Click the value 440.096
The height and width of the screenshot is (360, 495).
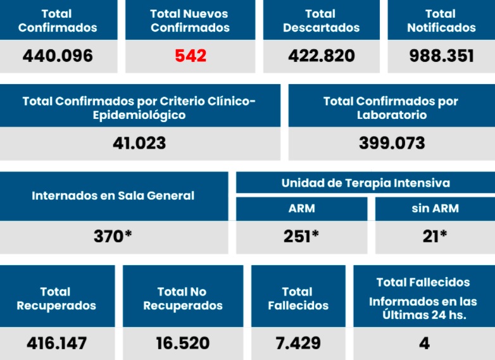pyautogui.click(x=58, y=56)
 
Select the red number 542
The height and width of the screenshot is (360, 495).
pyautogui.click(x=191, y=56)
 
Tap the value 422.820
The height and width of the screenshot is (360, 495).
pyautogui.click(x=322, y=56)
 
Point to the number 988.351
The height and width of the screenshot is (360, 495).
pyautogui.click(x=441, y=56)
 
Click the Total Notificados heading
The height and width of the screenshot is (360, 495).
pyautogui.click(x=441, y=20)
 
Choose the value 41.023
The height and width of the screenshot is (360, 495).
pyautogui.click(x=139, y=142)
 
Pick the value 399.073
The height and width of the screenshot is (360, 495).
pyautogui.click(x=392, y=142)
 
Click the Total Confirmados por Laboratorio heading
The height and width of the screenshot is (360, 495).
pyautogui.click(x=391, y=108)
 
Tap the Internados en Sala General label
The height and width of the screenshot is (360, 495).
pyautogui.click(x=113, y=196)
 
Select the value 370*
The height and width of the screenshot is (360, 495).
pyautogui.click(x=113, y=236)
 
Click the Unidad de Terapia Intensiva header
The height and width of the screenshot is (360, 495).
pyautogui.click(x=365, y=183)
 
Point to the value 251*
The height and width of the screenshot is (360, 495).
pyautogui.click(x=301, y=236)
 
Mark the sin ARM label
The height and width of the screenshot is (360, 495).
pyautogui.click(x=435, y=208)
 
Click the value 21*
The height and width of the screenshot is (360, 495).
pyautogui.click(x=435, y=236)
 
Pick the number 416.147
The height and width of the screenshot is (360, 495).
pyautogui.click(x=56, y=343)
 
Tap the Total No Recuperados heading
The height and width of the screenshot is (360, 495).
pyautogui.click(x=182, y=299)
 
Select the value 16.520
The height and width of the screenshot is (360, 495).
pyautogui.click(x=182, y=343)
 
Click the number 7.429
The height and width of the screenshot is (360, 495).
pyautogui.click(x=298, y=343)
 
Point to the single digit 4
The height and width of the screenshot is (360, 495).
pyautogui.click(x=424, y=343)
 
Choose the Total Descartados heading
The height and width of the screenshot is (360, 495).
pyautogui.click(x=322, y=20)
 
